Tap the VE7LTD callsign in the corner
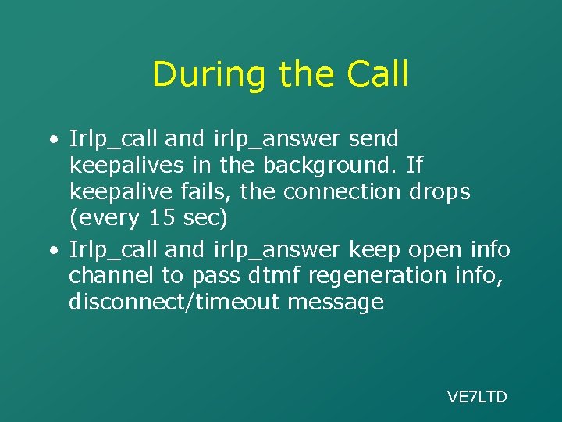click(477, 397)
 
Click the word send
click(372, 140)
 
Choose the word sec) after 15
click(205, 219)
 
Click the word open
click(426, 250)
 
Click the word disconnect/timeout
click(173, 302)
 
